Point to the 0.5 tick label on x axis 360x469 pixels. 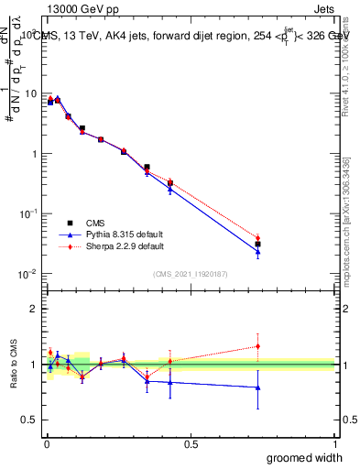click(x=191, y=443)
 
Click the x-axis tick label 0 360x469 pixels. click(x=46, y=443)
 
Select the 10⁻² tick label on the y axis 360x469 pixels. click(x=28, y=273)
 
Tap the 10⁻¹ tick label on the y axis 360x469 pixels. click(x=28, y=213)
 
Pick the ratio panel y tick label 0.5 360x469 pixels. click(x=30, y=421)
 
